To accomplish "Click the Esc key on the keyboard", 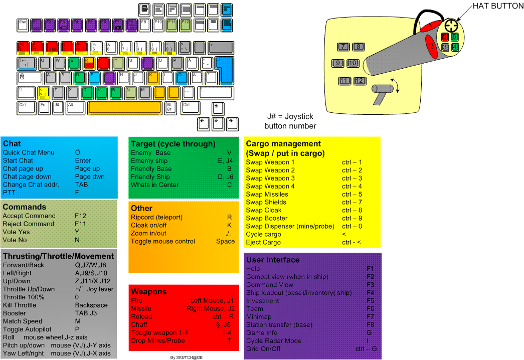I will pos(23,24).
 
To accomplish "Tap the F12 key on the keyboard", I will pos(186,24).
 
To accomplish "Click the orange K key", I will pos(153,77).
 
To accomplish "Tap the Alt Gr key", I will pos(170,107).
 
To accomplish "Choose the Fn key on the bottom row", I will pos(45,107).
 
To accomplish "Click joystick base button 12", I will pos(359,81).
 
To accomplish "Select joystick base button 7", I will pos(343,47).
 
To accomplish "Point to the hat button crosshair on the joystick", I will pos(451,25).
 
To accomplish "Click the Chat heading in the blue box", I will pos(12,144).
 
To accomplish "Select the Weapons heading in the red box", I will pos(149,291).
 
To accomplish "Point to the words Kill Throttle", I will pos(20,305).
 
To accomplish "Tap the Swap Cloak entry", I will pos(264,210).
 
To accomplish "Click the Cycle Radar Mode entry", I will pos(274,340).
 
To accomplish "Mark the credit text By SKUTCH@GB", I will pos(187,357).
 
